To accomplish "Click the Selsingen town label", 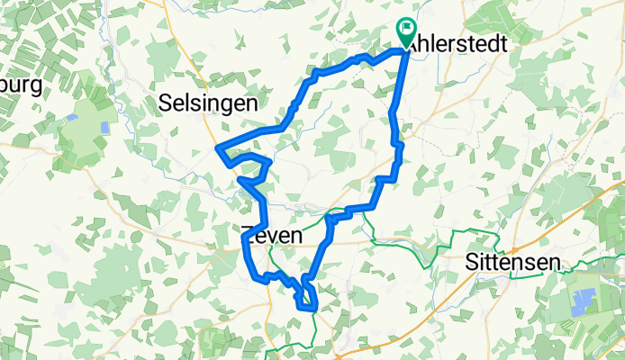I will click(207, 103).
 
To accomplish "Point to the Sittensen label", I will click(513, 262).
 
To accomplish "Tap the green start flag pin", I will click(404, 33).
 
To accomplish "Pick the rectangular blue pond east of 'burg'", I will click(106, 127).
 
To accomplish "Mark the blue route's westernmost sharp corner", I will click(219, 148).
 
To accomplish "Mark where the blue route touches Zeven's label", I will click(247, 237).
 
